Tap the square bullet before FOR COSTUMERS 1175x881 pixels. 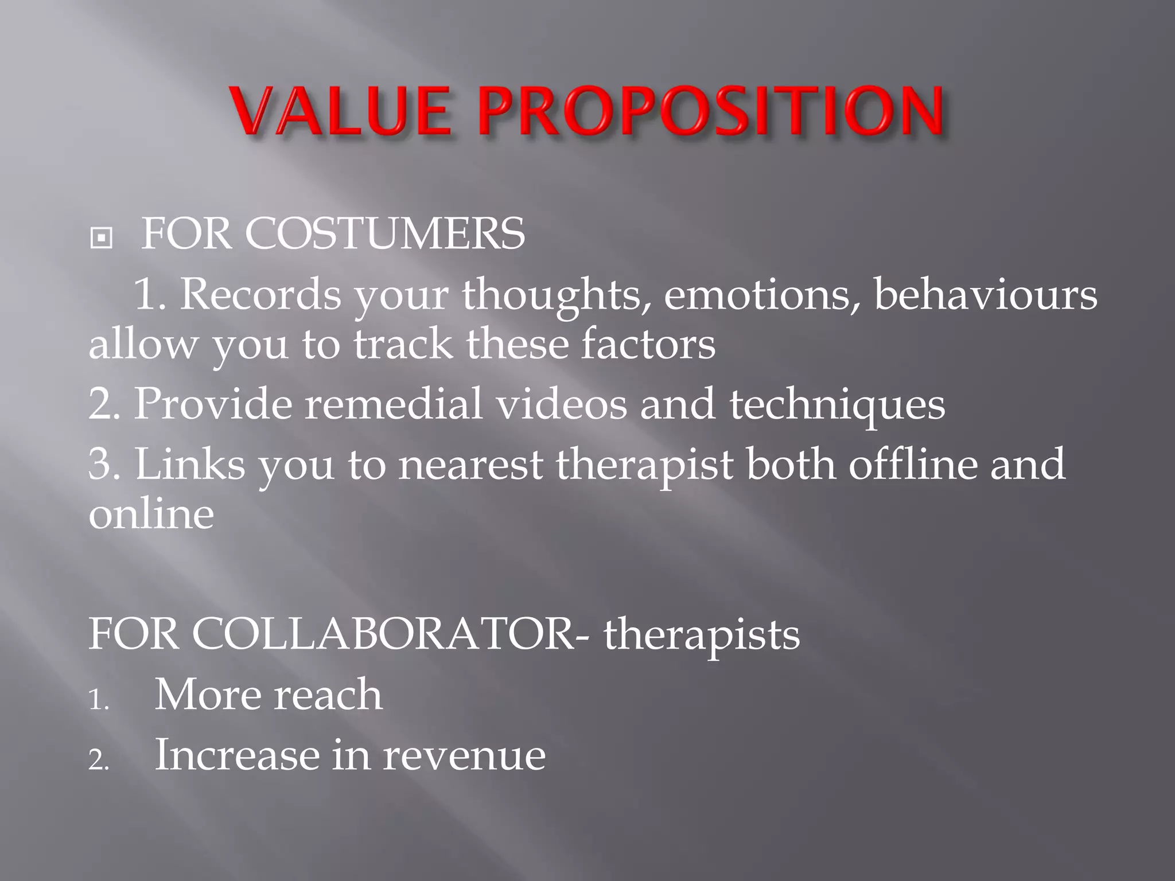pyautogui.click(x=102, y=237)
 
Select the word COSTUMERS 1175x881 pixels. pyautogui.click(x=384, y=234)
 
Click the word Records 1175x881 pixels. pyautogui.click(x=260, y=294)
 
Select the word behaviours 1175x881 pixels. pyautogui.click(x=985, y=294)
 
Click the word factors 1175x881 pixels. pyautogui.click(x=648, y=344)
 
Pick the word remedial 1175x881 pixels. pyautogui.click(x=393, y=404)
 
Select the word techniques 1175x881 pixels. pyautogui.click(x=837, y=405)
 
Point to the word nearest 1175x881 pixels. pyautogui.click(x=470, y=464)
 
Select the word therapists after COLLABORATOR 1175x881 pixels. pyautogui.click(x=701, y=636)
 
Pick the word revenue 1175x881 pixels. pyautogui.click(x=464, y=755)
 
